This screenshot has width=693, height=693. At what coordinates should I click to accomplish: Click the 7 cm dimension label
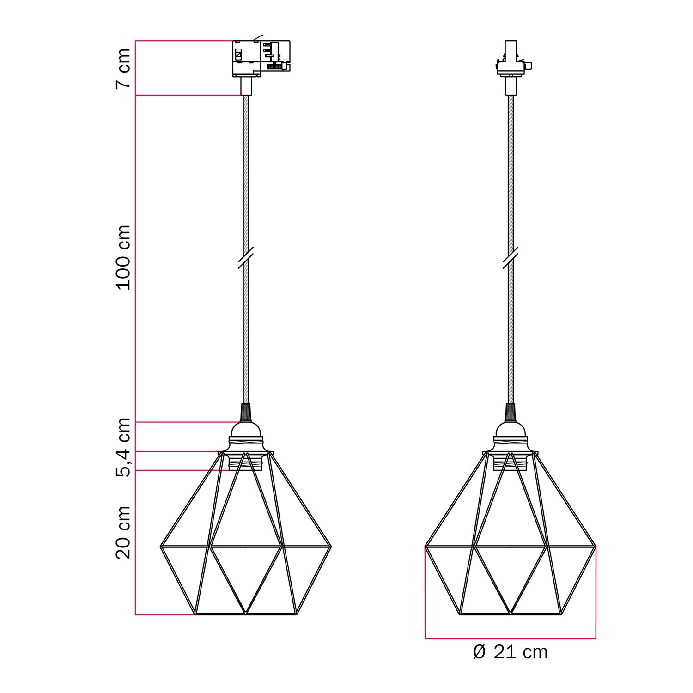coord(123,68)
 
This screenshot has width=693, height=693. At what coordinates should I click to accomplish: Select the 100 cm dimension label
coord(123,257)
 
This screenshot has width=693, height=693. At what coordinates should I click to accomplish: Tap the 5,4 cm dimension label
coord(123,447)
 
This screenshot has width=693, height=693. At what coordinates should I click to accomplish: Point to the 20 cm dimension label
coord(123,532)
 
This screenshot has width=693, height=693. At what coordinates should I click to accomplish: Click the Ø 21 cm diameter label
coord(510,652)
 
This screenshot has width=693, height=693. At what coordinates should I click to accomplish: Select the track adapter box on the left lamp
coord(261,58)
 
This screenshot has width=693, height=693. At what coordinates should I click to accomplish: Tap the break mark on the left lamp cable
coord(246,257)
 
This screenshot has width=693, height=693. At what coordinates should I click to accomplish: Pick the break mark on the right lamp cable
coord(510,257)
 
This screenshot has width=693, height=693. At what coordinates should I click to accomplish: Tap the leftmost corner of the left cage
coord(161,547)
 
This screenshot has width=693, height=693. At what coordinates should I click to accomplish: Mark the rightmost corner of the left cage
coord(331,547)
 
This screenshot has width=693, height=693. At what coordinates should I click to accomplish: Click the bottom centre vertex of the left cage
coord(246,614)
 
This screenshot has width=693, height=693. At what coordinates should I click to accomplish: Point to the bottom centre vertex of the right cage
coord(510,614)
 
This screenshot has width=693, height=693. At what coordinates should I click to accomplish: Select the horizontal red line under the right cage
coord(510,639)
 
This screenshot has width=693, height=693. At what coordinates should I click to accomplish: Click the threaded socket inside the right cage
coord(510,462)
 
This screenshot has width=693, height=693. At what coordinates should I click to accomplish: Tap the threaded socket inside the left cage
coord(246,462)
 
